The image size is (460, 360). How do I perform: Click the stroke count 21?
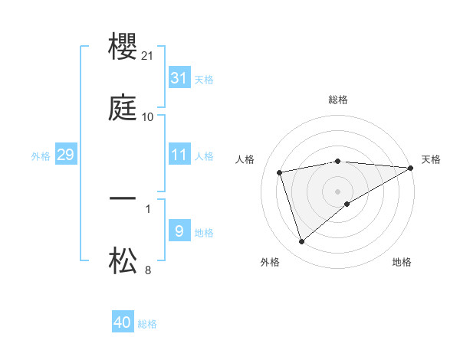coord(149,56)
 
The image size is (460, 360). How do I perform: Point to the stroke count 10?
coord(148,117)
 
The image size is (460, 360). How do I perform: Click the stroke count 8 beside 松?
coord(148,270)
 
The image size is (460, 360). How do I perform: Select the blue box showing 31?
coord(179,78)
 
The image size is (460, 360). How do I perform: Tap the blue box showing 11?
coord(179,155)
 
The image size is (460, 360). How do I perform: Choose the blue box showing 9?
coord(179,231)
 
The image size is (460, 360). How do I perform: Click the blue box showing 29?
coord(65,155)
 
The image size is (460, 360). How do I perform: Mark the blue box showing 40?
coord(123,322)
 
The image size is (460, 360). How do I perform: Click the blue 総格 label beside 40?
coord(147,324)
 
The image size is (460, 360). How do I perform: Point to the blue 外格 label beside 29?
coord(41,156)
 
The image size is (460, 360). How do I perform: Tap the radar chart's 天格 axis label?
coord(431,159)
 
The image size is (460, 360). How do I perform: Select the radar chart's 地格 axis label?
coord(402,262)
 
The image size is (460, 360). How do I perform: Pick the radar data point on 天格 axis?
coord(411,168)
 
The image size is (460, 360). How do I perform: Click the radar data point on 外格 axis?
coord(301,242)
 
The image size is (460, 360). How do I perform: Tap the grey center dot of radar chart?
coord(337,191)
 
